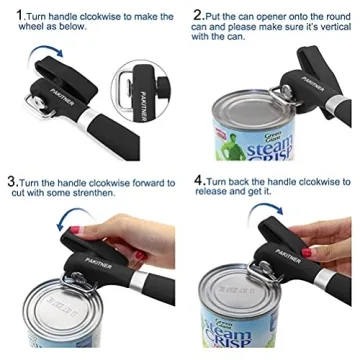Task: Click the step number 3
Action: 10,183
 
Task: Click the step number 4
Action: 198,183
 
